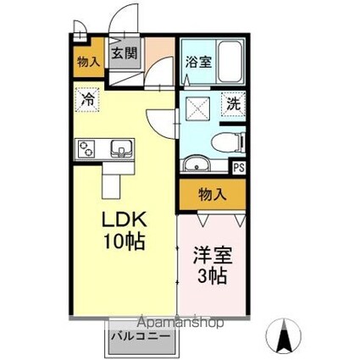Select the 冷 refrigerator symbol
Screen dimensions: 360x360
(87, 99)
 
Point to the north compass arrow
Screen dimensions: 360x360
(285, 337)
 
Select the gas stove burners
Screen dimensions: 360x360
(87, 148)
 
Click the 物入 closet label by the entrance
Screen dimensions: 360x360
(87, 61)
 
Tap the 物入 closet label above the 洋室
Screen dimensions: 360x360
(212, 195)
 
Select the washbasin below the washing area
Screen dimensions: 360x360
(194, 164)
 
